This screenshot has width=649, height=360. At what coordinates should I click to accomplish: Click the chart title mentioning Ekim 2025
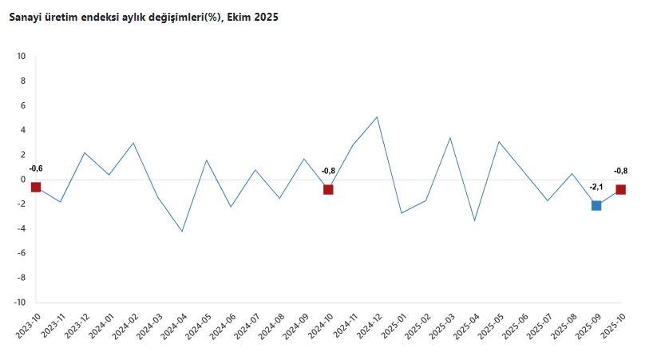(143, 17)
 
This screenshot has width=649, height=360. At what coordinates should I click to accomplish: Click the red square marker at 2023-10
(36, 187)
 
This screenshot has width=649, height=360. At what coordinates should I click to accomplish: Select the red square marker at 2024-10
(328, 189)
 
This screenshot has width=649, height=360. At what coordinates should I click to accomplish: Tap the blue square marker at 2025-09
(596, 205)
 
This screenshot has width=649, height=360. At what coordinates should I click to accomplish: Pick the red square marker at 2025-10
(620, 189)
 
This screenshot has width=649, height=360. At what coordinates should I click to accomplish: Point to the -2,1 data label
(596, 188)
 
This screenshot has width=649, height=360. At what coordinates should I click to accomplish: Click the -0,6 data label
(36, 168)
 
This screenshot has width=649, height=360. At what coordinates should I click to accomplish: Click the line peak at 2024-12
(377, 117)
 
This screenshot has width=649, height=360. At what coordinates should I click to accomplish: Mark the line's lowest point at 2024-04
(182, 231)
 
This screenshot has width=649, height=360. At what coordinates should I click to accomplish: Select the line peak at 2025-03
(450, 138)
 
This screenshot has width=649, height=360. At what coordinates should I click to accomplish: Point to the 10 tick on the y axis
(21, 57)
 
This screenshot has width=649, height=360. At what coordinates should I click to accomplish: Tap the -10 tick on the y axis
(19, 303)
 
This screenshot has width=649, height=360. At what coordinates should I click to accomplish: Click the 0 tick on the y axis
(23, 180)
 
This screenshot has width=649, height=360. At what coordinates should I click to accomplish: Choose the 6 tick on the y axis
(23, 105)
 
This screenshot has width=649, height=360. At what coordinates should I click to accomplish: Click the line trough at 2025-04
(475, 220)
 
